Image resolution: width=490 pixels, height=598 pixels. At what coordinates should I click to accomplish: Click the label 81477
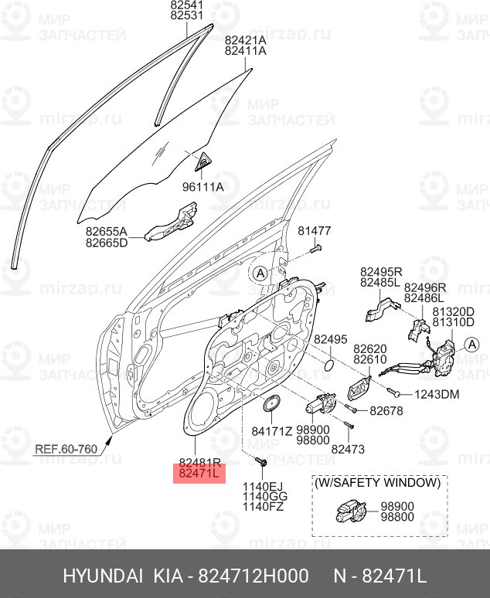(x=315, y=231)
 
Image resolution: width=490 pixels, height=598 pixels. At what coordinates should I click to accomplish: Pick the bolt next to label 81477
(x=315, y=249)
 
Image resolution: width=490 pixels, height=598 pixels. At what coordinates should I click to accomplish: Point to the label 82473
(x=348, y=448)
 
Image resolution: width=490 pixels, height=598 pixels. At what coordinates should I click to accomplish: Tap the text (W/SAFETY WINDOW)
(x=377, y=482)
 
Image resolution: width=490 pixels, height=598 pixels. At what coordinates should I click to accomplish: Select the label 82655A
(x=106, y=230)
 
